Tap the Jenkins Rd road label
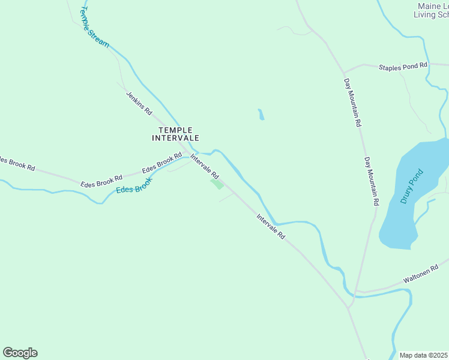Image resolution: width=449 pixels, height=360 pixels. (x=139, y=103)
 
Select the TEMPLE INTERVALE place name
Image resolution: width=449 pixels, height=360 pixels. (x=175, y=134)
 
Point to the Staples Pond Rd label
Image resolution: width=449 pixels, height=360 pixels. (x=403, y=66)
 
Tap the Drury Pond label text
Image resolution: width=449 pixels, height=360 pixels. (x=412, y=187)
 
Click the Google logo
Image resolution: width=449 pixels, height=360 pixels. (x=20, y=352)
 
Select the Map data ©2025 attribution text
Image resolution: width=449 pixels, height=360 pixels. (x=424, y=355)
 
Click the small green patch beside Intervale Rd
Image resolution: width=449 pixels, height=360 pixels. (x=217, y=184)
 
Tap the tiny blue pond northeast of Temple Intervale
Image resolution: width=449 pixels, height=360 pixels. (x=261, y=114)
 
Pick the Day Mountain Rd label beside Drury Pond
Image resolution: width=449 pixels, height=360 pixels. (x=371, y=182)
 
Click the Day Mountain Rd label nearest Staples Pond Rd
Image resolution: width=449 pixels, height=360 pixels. (x=352, y=101)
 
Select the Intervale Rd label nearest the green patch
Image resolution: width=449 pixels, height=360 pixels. (x=204, y=166)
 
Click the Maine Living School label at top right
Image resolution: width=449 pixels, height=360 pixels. (x=432, y=11)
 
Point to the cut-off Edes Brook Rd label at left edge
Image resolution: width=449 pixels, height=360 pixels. (x=17, y=163)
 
